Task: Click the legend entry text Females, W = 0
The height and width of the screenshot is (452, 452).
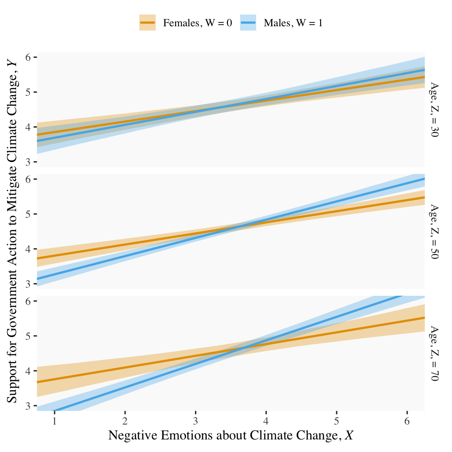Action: pyautogui.click(x=197, y=23)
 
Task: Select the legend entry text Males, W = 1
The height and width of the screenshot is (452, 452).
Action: pyautogui.click(x=293, y=23)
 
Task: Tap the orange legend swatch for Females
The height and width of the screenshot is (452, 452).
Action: pyautogui.click(x=148, y=23)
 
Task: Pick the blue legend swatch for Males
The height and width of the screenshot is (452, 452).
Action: pyautogui.click(x=248, y=23)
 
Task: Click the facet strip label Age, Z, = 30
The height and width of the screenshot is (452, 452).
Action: pyautogui.click(x=434, y=109)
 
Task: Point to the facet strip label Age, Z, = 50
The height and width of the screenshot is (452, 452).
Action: pyautogui.click(x=434, y=231)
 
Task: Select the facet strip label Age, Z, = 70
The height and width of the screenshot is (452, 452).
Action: pyautogui.click(x=434, y=353)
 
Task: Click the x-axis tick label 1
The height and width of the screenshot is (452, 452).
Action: pyautogui.click(x=55, y=421)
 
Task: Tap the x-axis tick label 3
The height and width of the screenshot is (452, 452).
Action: pyautogui.click(x=195, y=421)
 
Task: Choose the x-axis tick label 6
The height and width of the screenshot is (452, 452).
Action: pyautogui.click(x=407, y=421)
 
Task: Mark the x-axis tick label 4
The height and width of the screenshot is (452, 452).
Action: pyautogui.click(x=266, y=421)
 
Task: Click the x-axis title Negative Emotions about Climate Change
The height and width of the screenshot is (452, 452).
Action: pyautogui.click(x=231, y=436)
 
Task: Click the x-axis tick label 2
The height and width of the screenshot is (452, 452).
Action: pyautogui.click(x=125, y=421)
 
